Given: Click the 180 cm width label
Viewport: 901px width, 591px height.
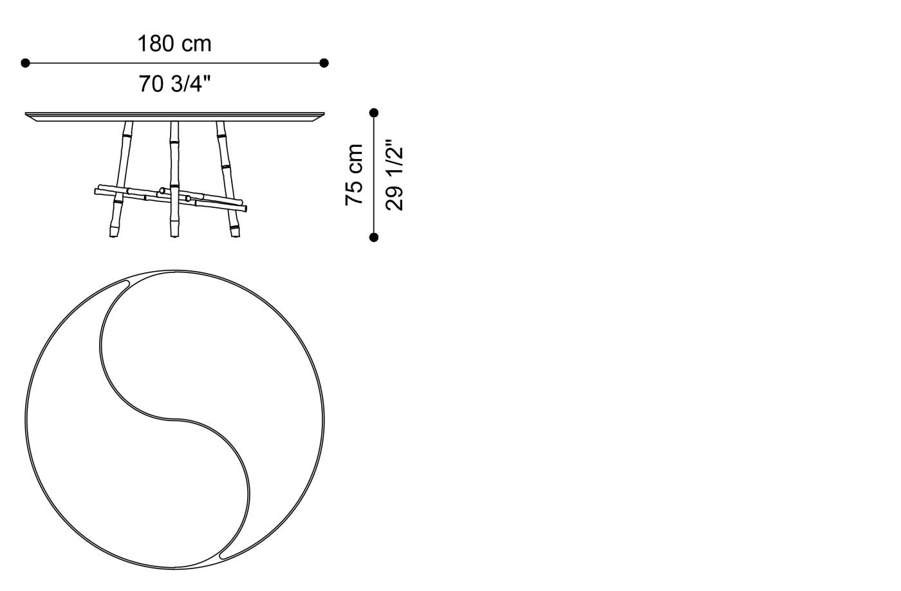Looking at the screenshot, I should pos(174,44).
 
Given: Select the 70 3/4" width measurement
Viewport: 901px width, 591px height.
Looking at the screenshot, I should pos(174,84).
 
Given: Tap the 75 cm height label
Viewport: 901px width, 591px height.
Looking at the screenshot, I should pos(355,174).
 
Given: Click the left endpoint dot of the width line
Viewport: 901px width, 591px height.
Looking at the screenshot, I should pos(25,63).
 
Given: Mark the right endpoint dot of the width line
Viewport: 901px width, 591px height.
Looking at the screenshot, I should pos(324,63).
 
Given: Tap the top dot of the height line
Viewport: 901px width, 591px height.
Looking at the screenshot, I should pos(374,113).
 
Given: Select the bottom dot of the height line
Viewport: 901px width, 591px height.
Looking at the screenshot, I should pos(374,238).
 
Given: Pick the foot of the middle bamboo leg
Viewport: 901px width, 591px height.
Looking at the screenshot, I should pos(174,233).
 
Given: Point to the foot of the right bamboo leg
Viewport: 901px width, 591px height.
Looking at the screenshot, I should pos(234,233).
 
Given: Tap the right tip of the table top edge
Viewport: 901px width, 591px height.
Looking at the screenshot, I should pos(322,115).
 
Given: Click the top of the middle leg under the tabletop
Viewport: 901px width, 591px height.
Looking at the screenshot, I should pos(174,124).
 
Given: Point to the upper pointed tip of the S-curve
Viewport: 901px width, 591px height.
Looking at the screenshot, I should pos(120,285).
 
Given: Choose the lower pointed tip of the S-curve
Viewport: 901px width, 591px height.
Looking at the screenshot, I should pos(223,554).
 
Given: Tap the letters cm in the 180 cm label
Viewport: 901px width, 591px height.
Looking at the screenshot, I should pos(196,44).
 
